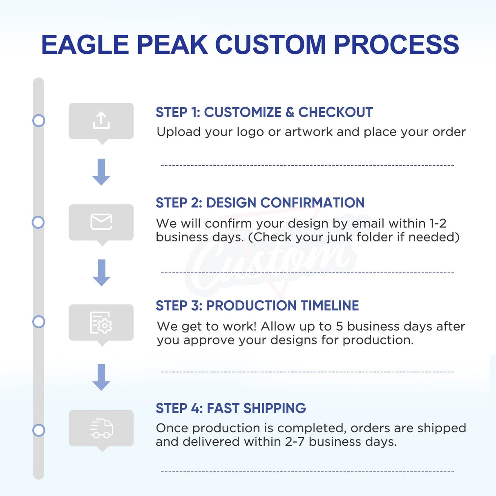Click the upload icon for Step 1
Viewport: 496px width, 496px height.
coord(101,121)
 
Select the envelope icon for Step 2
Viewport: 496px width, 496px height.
coord(101,222)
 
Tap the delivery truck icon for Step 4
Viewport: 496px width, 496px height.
coord(101,428)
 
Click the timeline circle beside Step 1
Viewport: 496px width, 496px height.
coord(38,121)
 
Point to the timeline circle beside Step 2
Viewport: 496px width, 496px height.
coord(38,222)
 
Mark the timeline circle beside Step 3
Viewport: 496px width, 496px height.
coord(38,322)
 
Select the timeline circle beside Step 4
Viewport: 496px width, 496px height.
coord(38,430)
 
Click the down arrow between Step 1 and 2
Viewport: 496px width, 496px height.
coord(101,172)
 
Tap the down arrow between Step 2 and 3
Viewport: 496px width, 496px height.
coord(101,273)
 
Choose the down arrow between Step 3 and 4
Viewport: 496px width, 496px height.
coord(101,377)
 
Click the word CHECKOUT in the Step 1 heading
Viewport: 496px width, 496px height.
coord(335,112)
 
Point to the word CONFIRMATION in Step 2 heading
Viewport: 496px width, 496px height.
coord(312,203)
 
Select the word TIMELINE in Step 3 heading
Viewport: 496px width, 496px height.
coord(329,306)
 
